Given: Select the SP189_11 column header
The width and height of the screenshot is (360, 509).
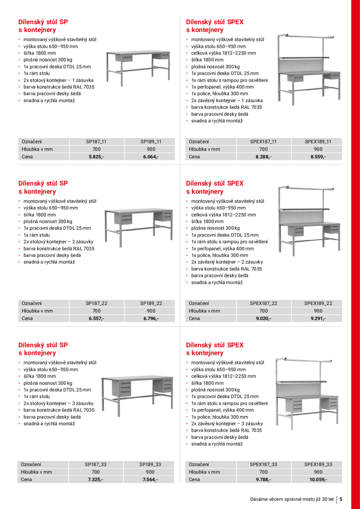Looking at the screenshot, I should pyautogui.click(x=151, y=141).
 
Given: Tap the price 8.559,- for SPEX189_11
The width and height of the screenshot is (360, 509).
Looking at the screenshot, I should pyautogui.click(x=318, y=157).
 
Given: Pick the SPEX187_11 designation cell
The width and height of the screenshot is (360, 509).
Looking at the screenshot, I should pyautogui.click(x=263, y=141).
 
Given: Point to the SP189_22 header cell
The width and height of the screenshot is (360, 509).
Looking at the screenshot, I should pyautogui.click(x=151, y=303).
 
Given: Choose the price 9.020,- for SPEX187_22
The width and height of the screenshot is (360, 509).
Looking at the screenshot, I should pyautogui.click(x=263, y=318).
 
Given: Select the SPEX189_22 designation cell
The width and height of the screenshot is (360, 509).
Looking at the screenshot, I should pyautogui.click(x=318, y=303).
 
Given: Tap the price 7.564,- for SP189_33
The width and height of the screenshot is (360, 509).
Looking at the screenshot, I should pyautogui.click(x=150, y=479).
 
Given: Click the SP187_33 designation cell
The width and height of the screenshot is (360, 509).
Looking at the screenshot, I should pyautogui.click(x=95, y=464).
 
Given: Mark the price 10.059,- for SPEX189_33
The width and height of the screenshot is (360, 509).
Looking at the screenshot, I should pyautogui.click(x=318, y=479).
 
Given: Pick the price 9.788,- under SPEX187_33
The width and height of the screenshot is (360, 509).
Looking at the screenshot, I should pyautogui.click(x=263, y=479).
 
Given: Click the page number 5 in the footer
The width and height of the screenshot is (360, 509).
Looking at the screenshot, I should pyautogui.click(x=341, y=499).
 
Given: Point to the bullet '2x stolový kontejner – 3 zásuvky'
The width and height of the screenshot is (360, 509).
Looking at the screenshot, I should pyautogui.click(x=58, y=403).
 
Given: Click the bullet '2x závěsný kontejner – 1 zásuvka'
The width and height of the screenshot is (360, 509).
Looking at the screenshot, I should pyautogui.click(x=227, y=100).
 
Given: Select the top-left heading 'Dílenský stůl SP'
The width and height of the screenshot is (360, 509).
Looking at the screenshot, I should pyautogui.click(x=43, y=22).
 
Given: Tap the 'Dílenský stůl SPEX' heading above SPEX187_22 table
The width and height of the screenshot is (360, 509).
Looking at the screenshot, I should pyautogui.click(x=214, y=183).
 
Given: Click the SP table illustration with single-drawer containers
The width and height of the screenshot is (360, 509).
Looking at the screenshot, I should pyautogui.click(x=138, y=66).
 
